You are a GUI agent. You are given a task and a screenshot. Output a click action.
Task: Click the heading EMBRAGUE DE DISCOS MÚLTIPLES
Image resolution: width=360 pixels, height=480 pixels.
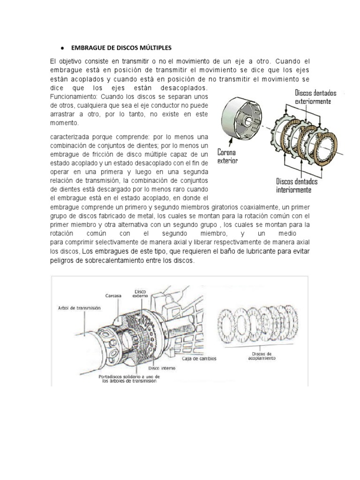coord(121,48)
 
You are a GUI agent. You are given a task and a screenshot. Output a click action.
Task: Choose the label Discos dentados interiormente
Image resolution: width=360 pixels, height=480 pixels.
coord(297,185)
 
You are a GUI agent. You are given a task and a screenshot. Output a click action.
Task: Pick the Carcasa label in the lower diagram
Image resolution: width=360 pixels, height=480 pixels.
coord(114,296)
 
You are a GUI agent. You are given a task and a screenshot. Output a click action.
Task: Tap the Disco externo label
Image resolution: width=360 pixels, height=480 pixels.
coord(140,293)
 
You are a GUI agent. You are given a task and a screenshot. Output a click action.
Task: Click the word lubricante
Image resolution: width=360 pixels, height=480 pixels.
coord(253,252)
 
